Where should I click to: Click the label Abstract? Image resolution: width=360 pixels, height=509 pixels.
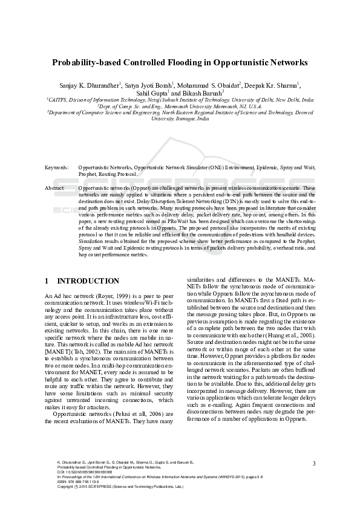coord(56,189)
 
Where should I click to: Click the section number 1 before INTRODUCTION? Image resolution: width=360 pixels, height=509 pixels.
coord(48,281)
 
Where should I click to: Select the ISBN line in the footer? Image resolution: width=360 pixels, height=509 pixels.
coord(70,481)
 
